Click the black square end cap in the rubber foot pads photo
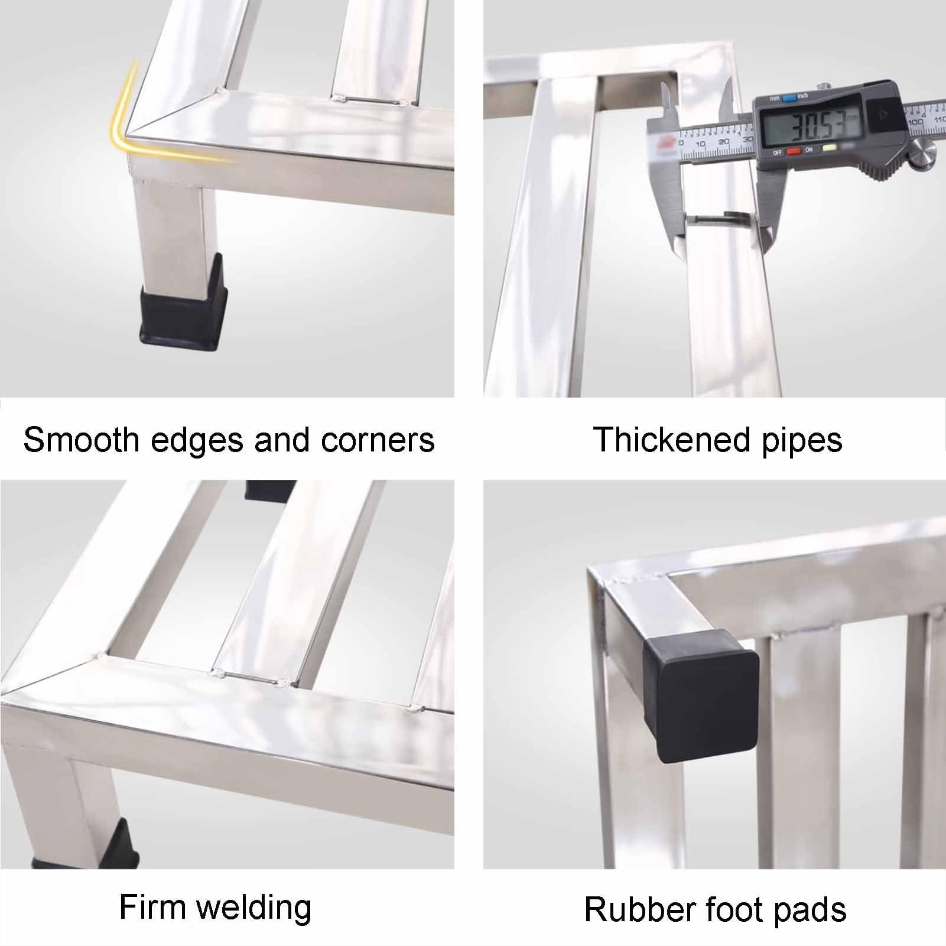(x=700, y=695)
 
